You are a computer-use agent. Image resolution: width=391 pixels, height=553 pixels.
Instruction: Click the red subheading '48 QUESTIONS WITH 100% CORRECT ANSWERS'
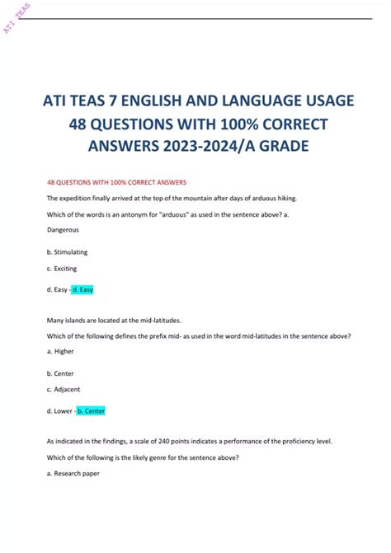pos(117,181)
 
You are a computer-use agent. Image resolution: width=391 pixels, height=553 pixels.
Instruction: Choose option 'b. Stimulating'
pos(68,251)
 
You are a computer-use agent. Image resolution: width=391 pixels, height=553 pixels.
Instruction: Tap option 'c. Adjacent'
pos(64,389)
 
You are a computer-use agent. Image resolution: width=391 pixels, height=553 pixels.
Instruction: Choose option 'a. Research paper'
pos(73,474)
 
